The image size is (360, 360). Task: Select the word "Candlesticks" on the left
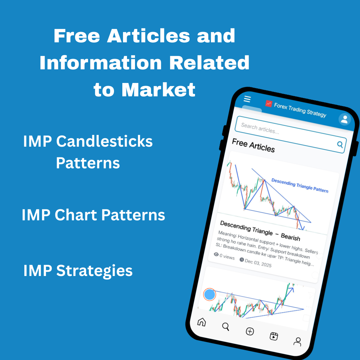(104, 141)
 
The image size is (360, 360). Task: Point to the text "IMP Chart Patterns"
(93, 215)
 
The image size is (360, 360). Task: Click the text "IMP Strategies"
(78, 271)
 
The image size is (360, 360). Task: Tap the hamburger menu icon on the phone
(247, 99)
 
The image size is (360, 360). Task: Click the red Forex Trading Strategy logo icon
(269, 104)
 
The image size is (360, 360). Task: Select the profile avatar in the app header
(345, 119)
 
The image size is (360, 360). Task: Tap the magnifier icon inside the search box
(340, 144)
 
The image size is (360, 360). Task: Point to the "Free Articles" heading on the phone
(253, 145)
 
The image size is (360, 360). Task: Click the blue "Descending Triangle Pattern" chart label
(300, 185)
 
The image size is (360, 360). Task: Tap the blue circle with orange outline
(210, 295)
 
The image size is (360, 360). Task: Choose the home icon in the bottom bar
(202, 322)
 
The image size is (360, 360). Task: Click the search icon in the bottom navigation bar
(226, 327)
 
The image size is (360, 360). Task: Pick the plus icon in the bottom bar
(250, 331)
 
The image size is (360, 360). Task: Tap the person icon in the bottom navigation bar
(297, 341)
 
